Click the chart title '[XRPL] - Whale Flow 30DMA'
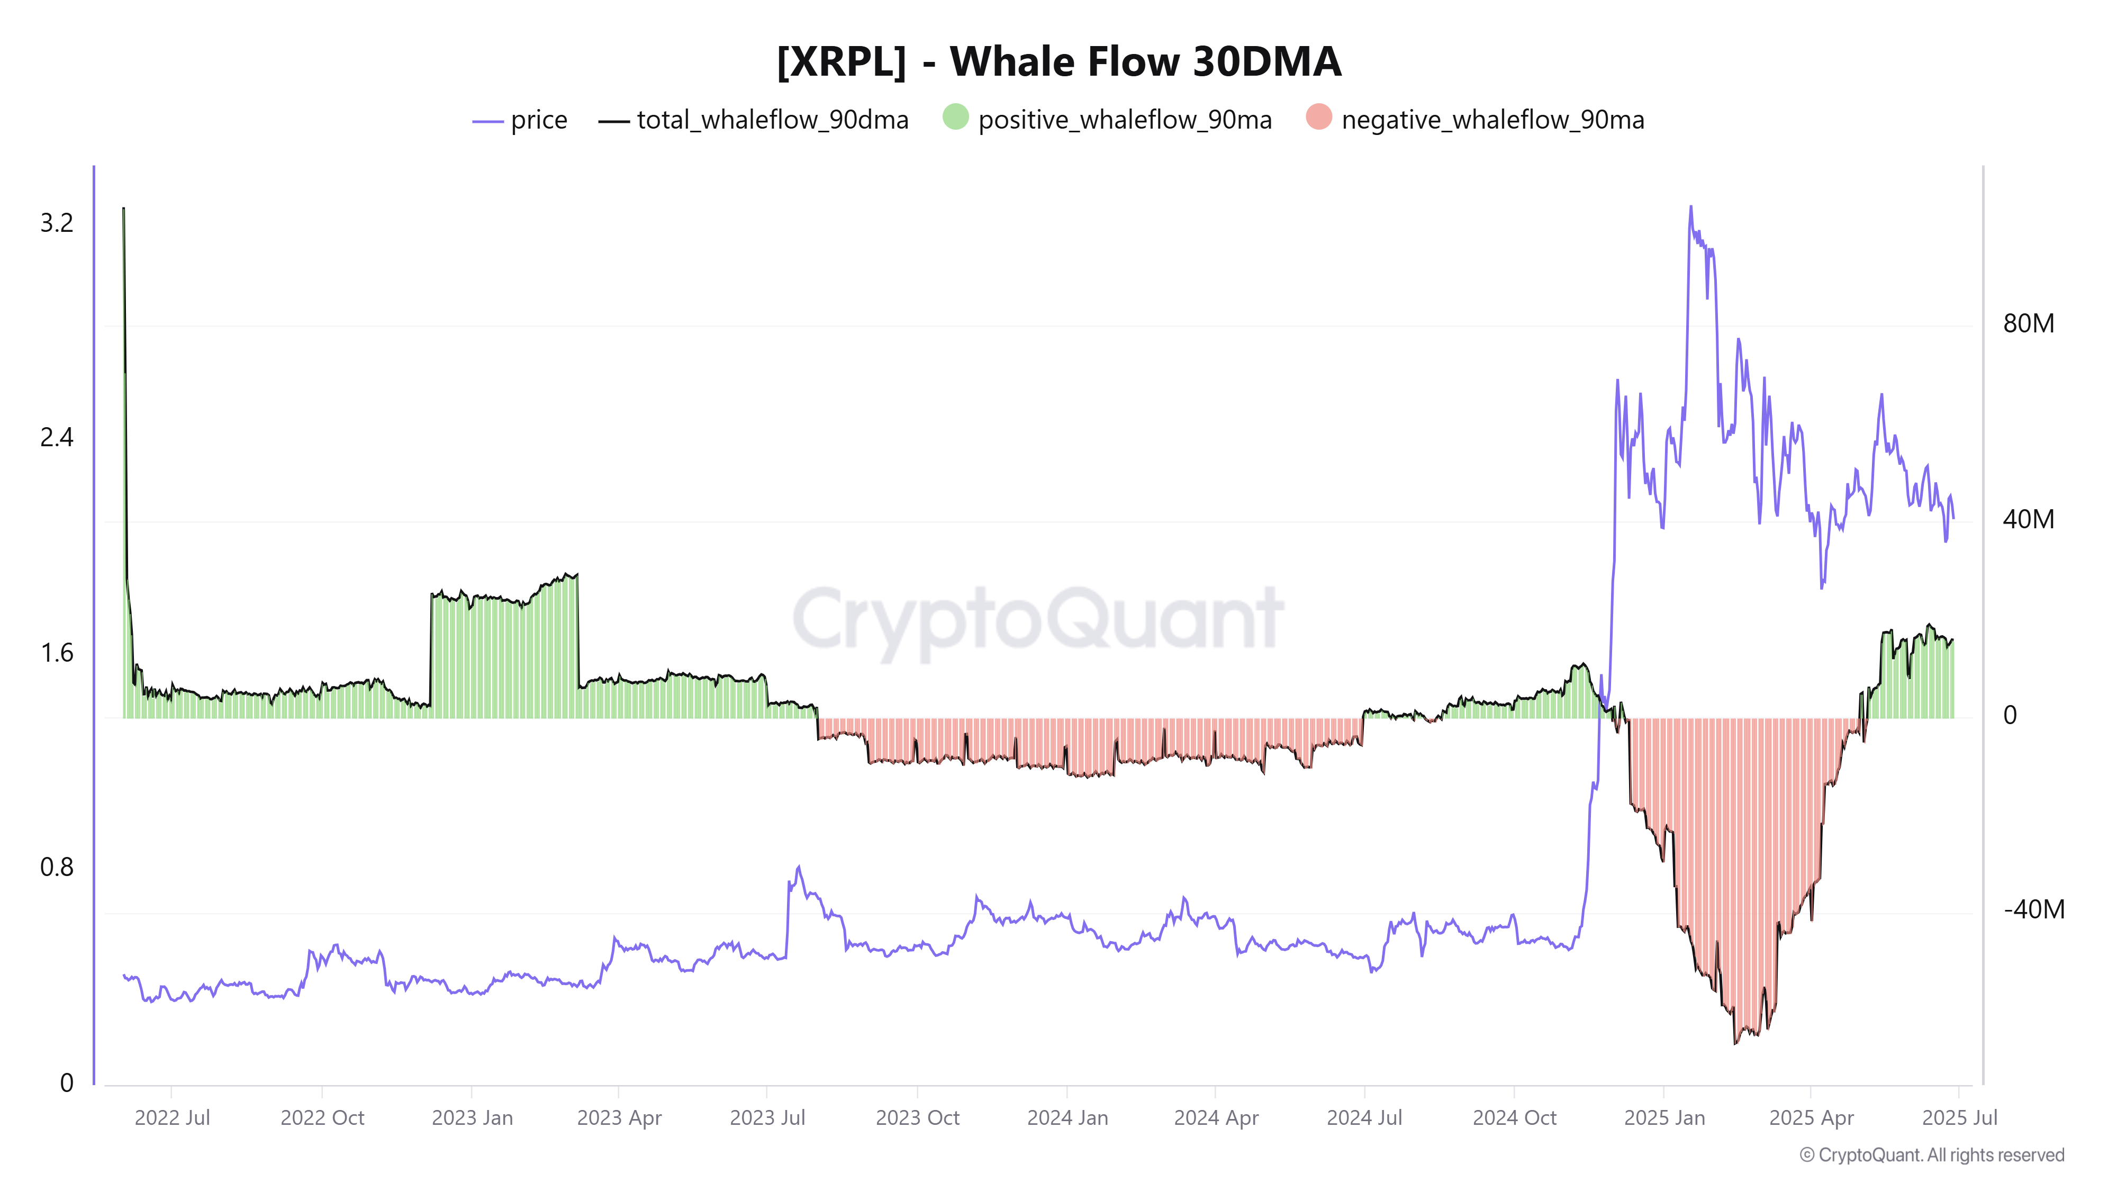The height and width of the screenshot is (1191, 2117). click(1058, 61)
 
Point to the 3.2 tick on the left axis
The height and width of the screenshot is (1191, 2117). click(57, 223)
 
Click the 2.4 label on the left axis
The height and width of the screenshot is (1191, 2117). click(57, 437)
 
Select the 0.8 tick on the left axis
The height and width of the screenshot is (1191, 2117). click(57, 867)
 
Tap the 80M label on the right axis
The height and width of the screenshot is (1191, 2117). click(2028, 324)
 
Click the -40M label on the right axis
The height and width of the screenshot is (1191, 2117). click(2033, 909)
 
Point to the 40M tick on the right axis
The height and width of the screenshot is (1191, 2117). click(2028, 519)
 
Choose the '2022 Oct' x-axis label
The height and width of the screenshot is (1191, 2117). click(322, 1118)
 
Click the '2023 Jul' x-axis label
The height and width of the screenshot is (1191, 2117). click(767, 1118)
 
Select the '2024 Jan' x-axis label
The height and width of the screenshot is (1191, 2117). click(1067, 1118)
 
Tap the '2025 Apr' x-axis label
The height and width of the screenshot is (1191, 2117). click(1811, 1118)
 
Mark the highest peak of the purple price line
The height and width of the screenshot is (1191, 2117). click(1690, 207)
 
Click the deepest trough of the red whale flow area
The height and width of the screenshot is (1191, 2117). click(1735, 1042)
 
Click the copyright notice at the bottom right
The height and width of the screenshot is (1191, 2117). click(1931, 1155)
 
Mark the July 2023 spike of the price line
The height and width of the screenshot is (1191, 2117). click(799, 867)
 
